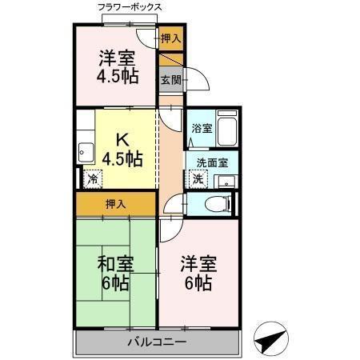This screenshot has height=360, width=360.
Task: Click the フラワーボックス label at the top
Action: (130, 7)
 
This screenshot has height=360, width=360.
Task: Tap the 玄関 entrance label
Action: (170, 79)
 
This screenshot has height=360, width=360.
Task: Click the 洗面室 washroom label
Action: (212, 162)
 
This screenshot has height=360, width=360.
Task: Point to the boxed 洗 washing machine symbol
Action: (198, 179)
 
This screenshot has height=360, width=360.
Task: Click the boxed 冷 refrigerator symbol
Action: (93, 179)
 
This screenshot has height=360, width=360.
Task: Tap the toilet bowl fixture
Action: (214, 203)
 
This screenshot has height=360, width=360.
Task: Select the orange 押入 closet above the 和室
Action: (115, 204)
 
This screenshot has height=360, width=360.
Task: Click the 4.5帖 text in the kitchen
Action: (123, 158)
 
